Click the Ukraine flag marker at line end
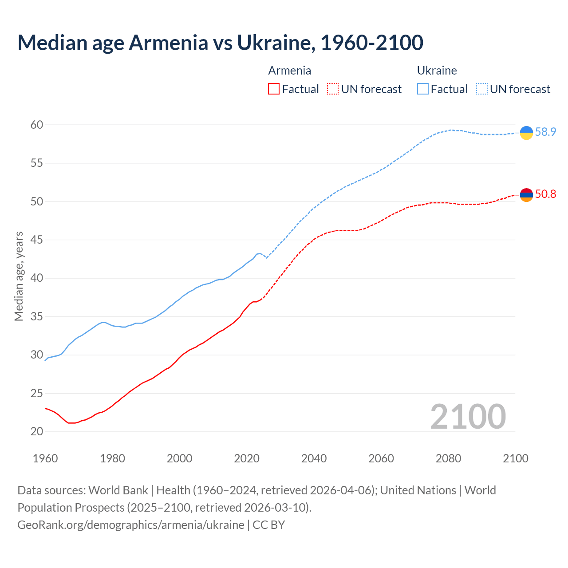(x=526, y=133)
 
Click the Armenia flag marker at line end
(x=526, y=195)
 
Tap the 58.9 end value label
(x=545, y=132)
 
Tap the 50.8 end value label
(x=545, y=194)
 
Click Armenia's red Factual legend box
(x=274, y=89)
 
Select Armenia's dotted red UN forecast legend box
(x=333, y=89)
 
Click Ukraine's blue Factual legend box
(x=423, y=89)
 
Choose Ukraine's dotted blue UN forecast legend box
(x=482, y=89)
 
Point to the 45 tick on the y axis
(x=37, y=240)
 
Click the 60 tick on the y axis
(x=37, y=125)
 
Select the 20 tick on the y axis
(x=37, y=432)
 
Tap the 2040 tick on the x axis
(x=314, y=458)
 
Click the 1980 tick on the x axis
(x=112, y=458)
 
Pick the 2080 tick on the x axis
(x=448, y=458)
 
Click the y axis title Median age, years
(x=19, y=276)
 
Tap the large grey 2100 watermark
(x=468, y=417)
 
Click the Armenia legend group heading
(x=289, y=71)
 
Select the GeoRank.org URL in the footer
(x=131, y=525)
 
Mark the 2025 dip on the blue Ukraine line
(x=266, y=258)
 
